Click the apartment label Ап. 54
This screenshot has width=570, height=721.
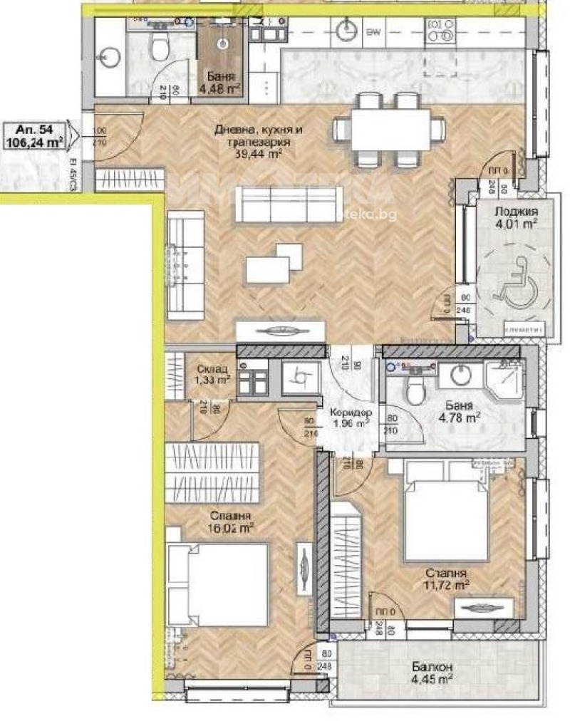33,129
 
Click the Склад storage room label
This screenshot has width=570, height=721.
213,368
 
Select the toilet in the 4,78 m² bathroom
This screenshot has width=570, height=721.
412,388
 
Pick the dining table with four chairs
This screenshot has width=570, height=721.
390,128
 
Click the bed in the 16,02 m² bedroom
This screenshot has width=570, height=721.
218,584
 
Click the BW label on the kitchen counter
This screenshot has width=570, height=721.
372,32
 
